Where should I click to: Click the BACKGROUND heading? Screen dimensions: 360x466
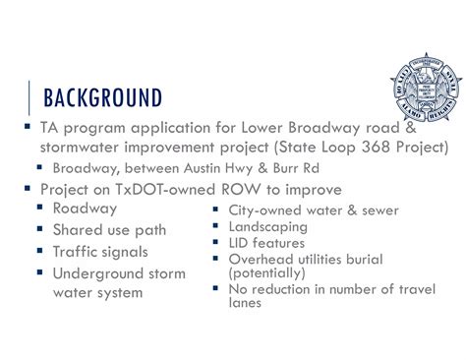coord(97,99)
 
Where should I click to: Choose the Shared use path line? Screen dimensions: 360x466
coord(109,229)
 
